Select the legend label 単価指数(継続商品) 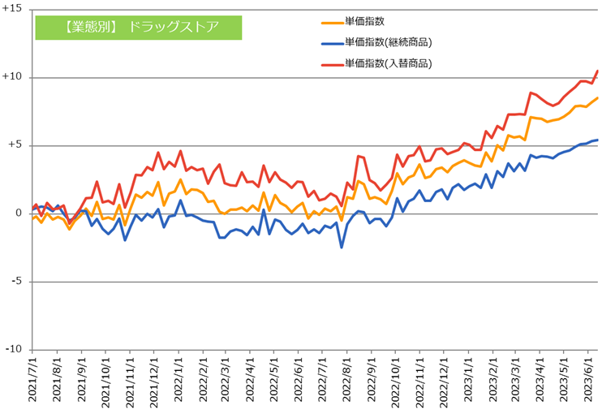pyautogui.click(x=388, y=42)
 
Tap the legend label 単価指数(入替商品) pyautogui.click(x=388, y=63)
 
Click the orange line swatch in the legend pyautogui.click(x=331, y=22)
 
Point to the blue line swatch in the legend pyautogui.click(x=331, y=42)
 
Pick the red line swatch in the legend pyautogui.click(x=331, y=63)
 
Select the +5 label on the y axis pyautogui.click(x=15, y=145)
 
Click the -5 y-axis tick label pyautogui.click(x=15, y=282)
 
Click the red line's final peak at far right pyautogui.click(x=598, y=71)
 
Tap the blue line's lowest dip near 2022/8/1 pyautogui.click(x=342, y=248)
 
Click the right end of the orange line pyautogui.click(x=598, y=98)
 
